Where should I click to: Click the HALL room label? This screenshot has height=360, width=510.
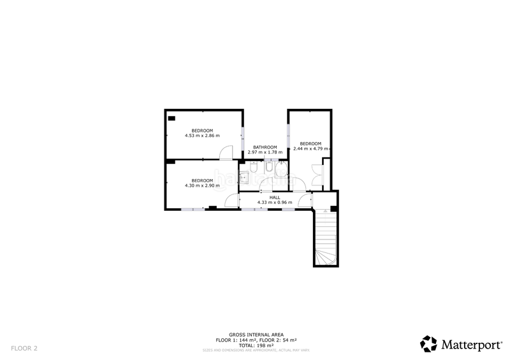[275, 198]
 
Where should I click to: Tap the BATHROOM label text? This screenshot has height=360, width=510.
[265, 147]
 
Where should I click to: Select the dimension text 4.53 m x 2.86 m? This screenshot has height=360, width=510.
[202, 136]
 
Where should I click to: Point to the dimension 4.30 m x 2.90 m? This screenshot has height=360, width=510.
[202, 185]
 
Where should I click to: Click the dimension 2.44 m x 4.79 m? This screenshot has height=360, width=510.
[310, 148]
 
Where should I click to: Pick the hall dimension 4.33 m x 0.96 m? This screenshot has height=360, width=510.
[275, 203]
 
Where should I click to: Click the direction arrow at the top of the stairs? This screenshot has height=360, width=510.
[324, 210]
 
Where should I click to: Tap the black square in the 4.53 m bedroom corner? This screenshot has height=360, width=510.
[171, 118]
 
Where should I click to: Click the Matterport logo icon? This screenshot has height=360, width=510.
[428, 343]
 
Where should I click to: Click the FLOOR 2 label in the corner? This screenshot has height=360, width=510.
[24, 348]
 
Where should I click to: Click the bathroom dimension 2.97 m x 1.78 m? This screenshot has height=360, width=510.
[265, 152]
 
